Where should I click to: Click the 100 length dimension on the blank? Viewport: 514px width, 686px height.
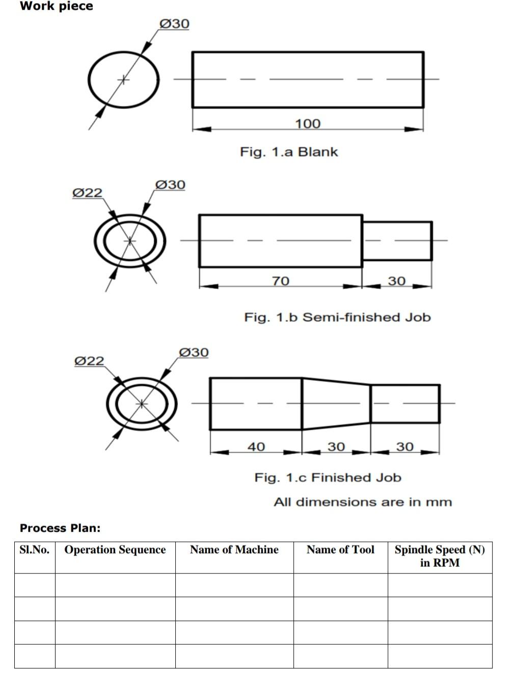coord(308,123)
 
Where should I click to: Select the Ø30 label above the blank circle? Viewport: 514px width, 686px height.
coord(174,23)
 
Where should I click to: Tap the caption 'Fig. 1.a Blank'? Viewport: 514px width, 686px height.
coord(289,152)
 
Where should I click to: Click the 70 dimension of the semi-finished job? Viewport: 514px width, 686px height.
coord(281,281)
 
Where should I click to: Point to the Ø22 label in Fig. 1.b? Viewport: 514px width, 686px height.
coord(87,193)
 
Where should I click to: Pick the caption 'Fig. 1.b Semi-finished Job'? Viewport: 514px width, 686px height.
coord(337,317)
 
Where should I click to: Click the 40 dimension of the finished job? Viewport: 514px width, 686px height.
coord(256,446)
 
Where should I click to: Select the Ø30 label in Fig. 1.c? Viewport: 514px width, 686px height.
coord(194,352)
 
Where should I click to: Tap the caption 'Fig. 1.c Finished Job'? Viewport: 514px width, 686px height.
coord(328,478)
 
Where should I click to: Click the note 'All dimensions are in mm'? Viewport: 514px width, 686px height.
coord(363,502)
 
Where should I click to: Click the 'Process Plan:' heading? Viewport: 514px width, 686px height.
coord(60,528)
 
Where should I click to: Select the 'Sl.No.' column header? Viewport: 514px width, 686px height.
coord(35,549)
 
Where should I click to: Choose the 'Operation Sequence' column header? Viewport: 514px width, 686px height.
coord(115,549)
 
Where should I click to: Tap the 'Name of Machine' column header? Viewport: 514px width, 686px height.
coord(234,549)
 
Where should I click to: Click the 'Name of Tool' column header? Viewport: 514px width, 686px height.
coord(340,549)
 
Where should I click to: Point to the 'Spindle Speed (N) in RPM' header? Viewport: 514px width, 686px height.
coord(440,556)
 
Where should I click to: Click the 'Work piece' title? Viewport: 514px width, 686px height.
coord(56,6)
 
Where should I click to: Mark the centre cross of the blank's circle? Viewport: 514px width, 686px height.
coord(123,80)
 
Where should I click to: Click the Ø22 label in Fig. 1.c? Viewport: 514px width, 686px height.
coord(89,361)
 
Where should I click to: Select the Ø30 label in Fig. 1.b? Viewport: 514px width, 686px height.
coord(170,184)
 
